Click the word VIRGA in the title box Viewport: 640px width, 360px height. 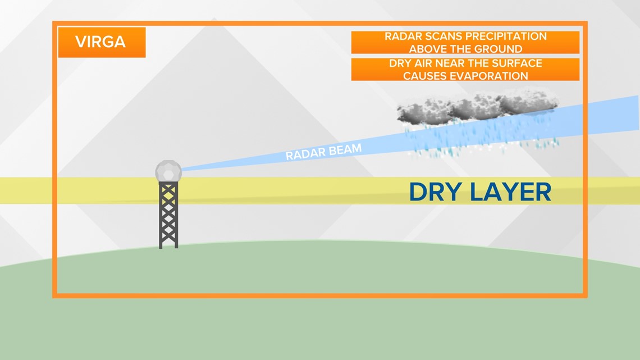click(x=100, y=42)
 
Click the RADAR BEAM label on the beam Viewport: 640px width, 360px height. click(x=323, y=152)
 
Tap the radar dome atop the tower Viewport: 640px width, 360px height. click(x=168, y=171)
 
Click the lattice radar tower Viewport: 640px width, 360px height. click(x=168, y=215)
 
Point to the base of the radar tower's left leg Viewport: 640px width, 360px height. click(x=161, y=247)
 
